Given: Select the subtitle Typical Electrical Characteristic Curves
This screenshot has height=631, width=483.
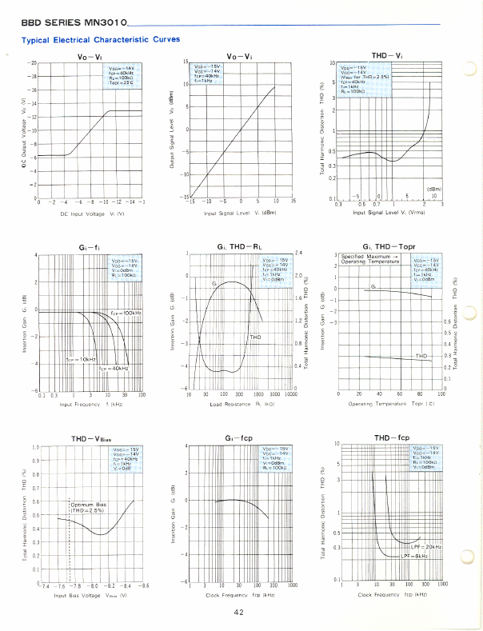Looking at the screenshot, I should tap(100, 39).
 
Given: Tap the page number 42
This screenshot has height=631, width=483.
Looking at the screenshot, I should tap(238, 613).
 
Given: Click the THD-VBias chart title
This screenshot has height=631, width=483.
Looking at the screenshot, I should tap(90, 438).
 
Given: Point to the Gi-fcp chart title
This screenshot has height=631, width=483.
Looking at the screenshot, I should tap(239, 438).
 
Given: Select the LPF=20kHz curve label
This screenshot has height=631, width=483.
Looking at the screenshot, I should tap(425, 545).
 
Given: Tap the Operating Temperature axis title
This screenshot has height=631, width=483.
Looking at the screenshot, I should tap(390, 405).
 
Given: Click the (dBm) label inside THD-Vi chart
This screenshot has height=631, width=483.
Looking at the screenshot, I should tap(433, 189).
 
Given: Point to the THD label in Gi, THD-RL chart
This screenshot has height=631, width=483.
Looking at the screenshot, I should tap(256, 337).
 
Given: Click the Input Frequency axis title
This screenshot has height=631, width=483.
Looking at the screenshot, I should tap(90, 405).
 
